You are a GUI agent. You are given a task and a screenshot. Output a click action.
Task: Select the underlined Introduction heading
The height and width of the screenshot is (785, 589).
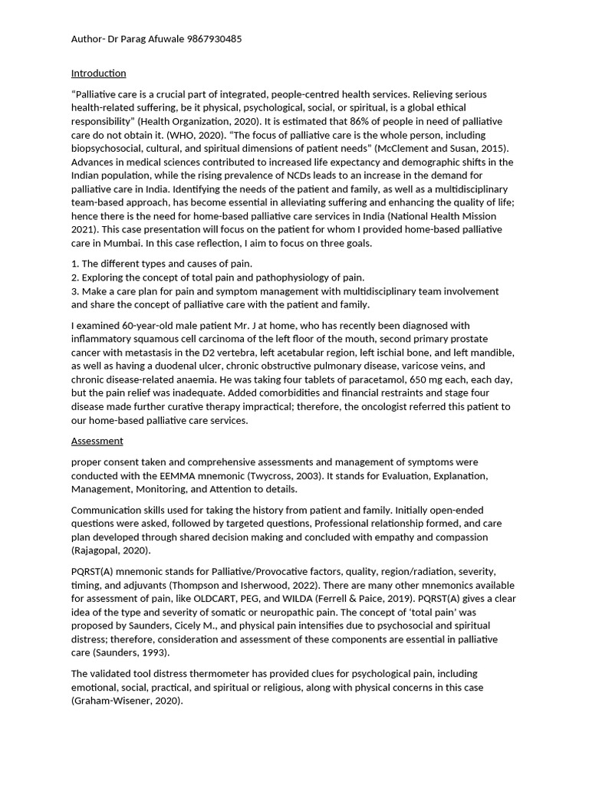pyautogui.click(x=98, y=74)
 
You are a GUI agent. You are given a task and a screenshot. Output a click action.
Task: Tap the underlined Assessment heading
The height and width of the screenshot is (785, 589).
pyautogui.click(x=97, y=441)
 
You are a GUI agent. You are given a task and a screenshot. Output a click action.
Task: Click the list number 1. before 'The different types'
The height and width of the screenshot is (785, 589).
pyautogui.click(x=74, y=264)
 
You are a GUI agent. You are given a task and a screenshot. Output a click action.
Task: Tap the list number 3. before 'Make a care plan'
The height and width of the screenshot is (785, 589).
pyautogui.click(x=74, y=291)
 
